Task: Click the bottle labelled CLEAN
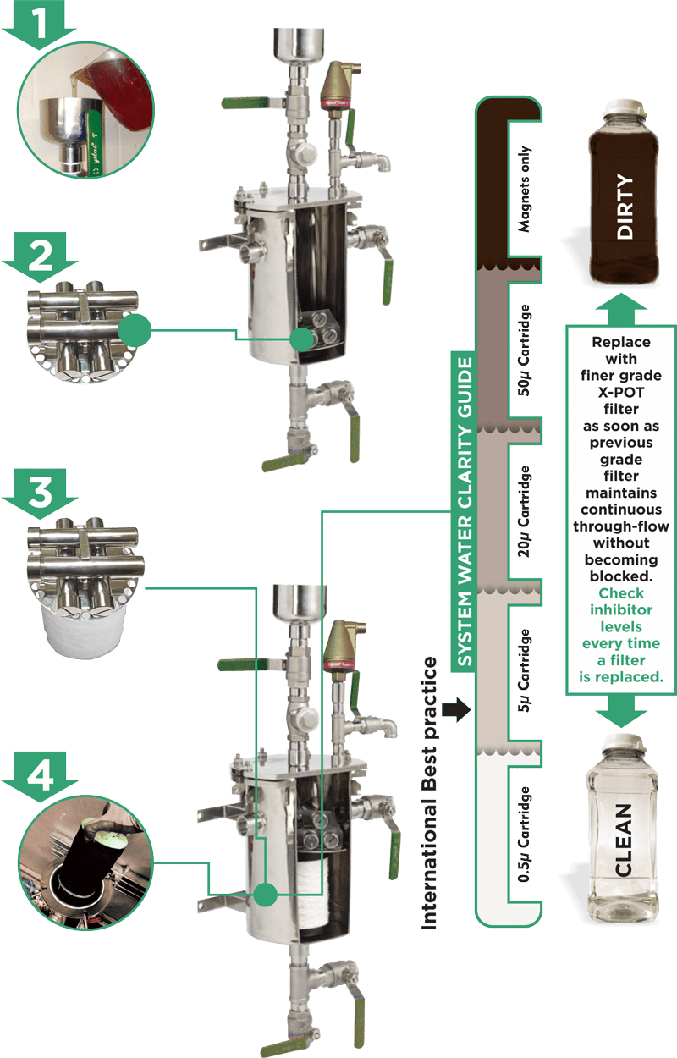point(624,838)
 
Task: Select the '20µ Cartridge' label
point(526,508)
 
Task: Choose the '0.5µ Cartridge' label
point(526,838)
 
